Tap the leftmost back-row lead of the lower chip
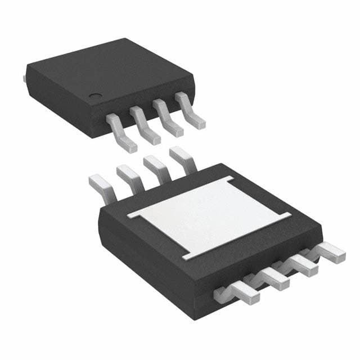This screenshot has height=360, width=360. pos(101,186)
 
